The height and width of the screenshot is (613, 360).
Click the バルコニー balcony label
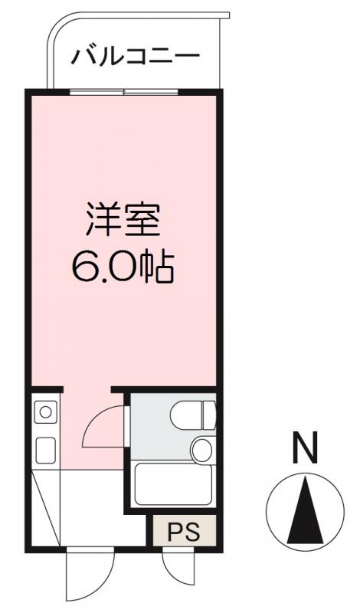click(x=136, y=57)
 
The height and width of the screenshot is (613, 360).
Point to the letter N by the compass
click(x=306, y=448)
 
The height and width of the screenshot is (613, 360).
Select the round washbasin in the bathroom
click(x=201, y=449)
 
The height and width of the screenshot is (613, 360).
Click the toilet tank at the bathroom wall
click(x=209, y=415)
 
